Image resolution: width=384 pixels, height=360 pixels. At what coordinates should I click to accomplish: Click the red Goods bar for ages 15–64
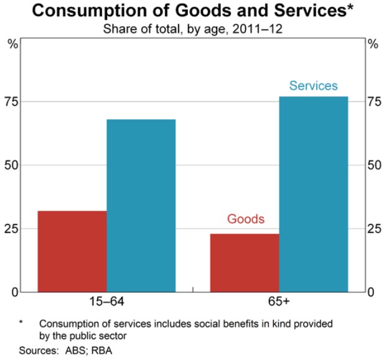pos(72,251)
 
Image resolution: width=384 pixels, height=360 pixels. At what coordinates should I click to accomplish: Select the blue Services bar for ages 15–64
pos(141,205)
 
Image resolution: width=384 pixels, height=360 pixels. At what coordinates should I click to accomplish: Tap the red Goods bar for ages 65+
pos(245,262)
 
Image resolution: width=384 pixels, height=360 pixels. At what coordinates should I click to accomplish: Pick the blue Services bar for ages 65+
pos(314,194)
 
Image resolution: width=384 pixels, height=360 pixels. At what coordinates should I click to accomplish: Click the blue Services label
pos(313,86)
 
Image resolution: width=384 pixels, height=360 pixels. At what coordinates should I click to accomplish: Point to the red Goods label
pos(245,219)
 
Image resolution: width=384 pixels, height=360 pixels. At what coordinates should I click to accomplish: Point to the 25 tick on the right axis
pos(372,228)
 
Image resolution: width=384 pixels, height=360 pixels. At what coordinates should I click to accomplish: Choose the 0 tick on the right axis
pos(370,292)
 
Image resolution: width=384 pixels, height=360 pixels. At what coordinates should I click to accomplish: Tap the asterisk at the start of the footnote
pos(21,323)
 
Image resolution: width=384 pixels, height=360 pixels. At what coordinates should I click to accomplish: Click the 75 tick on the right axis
pos(372,101)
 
